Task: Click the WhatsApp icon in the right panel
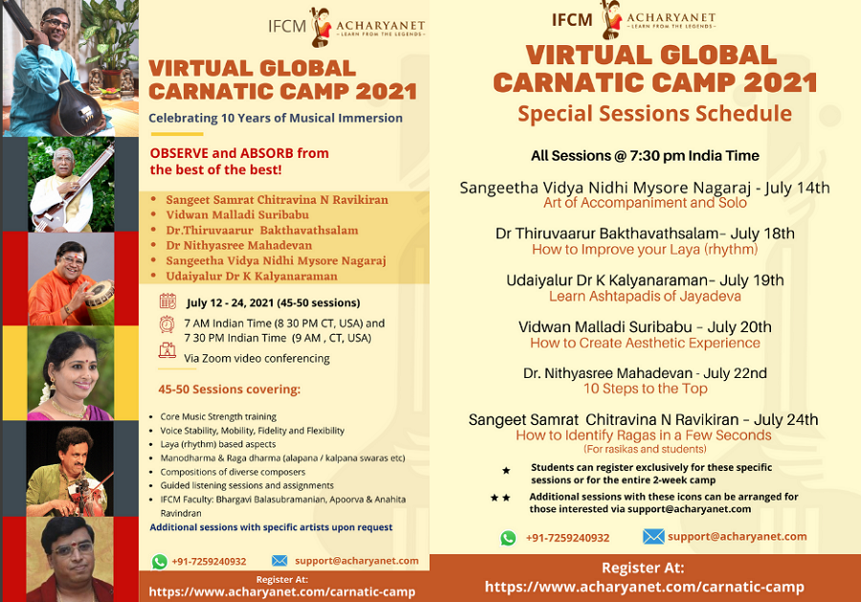[508, 538]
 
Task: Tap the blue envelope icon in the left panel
[279, 560]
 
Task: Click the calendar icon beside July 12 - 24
[167, 301]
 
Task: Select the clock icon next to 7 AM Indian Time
[166, 324]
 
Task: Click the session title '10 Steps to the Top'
[645, 389]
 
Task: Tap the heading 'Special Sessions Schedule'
[654, 114]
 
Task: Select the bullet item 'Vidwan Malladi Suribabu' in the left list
[237, 214]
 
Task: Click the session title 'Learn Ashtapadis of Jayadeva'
[645, 296]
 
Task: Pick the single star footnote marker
[506, 470]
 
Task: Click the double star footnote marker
[500, 498]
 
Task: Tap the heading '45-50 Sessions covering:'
[229, 390]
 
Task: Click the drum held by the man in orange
[99, 301]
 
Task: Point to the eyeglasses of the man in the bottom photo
[72, 548]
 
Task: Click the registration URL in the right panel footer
[644, 587]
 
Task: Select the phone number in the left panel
[209, 562]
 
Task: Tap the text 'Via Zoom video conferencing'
[257, 359]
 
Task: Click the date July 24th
[785, 419]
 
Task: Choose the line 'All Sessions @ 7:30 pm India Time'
[645, 156]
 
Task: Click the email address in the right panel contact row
[737, 537]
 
